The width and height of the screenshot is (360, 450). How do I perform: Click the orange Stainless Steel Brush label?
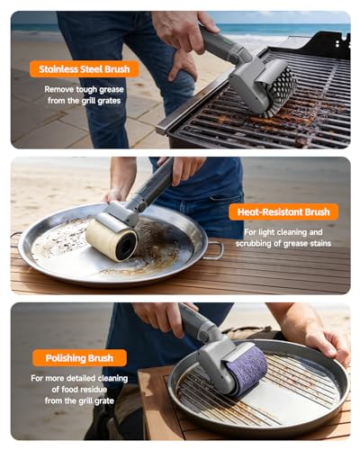click(85, 69)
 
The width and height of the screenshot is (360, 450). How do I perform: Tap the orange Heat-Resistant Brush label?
click(283, 212)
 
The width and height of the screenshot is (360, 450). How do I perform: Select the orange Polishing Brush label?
click(79, 358)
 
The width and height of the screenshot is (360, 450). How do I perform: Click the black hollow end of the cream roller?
click(127, 247)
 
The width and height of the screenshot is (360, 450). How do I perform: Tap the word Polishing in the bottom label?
click(66, 358)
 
